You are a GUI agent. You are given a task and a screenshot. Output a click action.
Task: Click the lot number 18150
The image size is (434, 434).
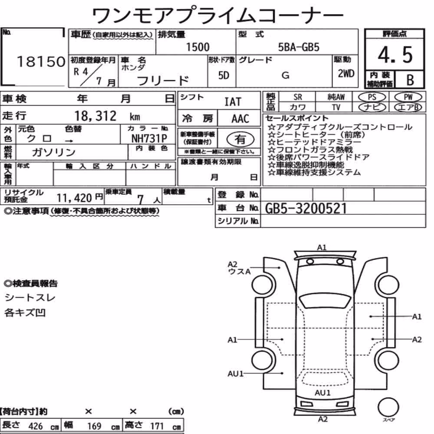41,62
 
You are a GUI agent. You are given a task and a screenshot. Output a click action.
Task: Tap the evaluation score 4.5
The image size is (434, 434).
395,55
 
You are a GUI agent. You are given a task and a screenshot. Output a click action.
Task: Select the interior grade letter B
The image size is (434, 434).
410,80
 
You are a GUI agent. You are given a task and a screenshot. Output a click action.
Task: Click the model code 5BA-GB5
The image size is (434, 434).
299,47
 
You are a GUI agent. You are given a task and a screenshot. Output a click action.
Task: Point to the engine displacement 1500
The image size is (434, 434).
197,47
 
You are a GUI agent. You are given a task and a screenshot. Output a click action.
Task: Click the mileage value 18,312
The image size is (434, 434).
95,116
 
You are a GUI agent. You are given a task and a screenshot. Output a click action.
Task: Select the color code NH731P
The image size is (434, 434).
149,138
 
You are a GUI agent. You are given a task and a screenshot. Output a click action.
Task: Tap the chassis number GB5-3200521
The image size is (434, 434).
306,208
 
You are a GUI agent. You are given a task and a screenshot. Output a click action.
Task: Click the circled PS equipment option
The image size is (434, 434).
372,97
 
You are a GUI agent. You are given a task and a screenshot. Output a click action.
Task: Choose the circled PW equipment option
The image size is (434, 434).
408,97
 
